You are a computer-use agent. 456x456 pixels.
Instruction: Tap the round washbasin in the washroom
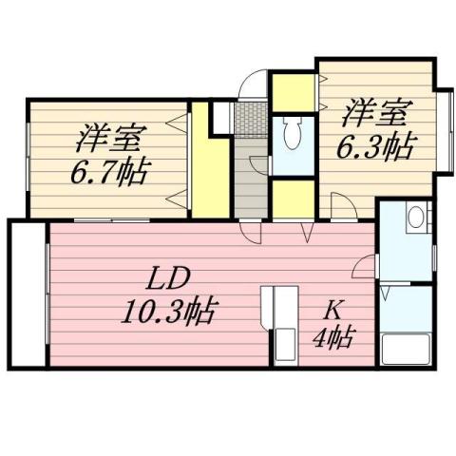pos(414,218)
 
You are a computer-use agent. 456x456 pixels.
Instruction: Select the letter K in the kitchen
pos(334,308)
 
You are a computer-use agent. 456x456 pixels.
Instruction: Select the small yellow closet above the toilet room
pos(293,91)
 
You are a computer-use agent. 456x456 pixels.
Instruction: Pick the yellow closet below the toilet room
pos(293,197)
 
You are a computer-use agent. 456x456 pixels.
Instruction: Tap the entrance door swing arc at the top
pos(249,87)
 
